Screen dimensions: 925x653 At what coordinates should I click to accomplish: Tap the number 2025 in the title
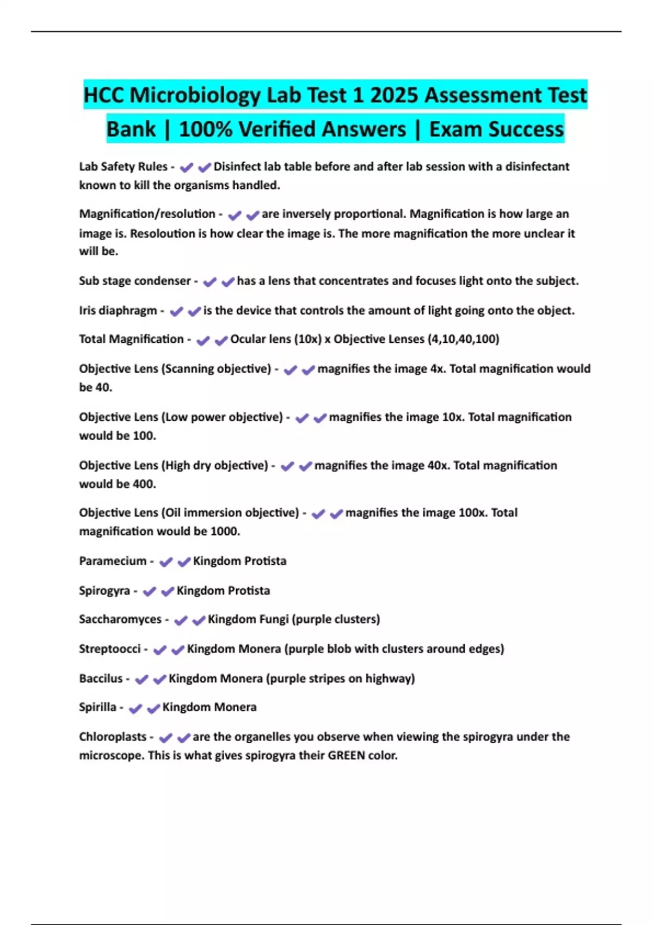tap(394, 95)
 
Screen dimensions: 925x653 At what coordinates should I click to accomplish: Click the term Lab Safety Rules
tap(123, 166)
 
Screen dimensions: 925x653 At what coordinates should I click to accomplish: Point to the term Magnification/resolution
tap(147, 214)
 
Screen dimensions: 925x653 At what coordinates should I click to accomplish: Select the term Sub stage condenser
tap(134, 281)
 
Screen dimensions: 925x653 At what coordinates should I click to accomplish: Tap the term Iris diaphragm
tap(118, 311)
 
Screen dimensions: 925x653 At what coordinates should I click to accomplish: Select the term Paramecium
tap(113, 561)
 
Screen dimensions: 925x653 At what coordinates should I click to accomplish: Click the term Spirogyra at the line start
tap(104, 590)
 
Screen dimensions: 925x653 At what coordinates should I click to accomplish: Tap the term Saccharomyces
tap(120, 619)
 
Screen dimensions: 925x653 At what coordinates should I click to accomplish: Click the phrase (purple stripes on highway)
tap(340, 679)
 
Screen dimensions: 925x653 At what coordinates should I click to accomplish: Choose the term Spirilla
tap(97, 707)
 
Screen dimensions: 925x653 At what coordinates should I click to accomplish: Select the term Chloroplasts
tap(113, 737)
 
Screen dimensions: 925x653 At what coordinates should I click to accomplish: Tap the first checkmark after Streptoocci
tap(159, 650)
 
